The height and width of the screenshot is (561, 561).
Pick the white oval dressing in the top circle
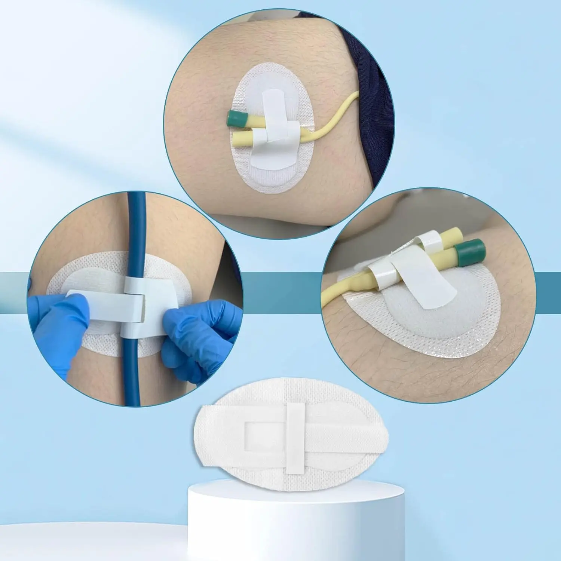tap(262, 176)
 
